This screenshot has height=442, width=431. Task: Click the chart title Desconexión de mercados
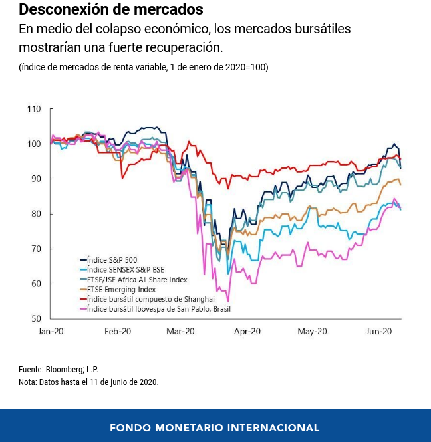pyautogui.click(x=111, y=11)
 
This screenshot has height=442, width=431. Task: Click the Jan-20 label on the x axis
pyautogui.click(x=51, y=331)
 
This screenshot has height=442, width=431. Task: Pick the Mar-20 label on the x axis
pyautogui.click(x=181, y=331)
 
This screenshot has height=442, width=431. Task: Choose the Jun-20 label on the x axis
pyautogui.click(x=380, y=331)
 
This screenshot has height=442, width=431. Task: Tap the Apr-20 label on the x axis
pyautogui.click(x=248, y=331)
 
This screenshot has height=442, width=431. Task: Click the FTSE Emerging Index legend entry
pyautogui.click(x=121, y=290)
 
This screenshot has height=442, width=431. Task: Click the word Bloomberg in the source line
pyautogui.click(x=64, y=369)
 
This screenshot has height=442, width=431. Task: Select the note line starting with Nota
pyautogui.click(x=88, y=382)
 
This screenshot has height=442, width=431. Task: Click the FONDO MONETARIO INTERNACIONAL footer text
pyautogui.click(x=215, y=427)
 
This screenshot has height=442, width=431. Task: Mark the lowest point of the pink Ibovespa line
pyautogui.click(x=228, y=301)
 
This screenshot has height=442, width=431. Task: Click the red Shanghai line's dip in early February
pyautogui.click(x=122, y=178)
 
